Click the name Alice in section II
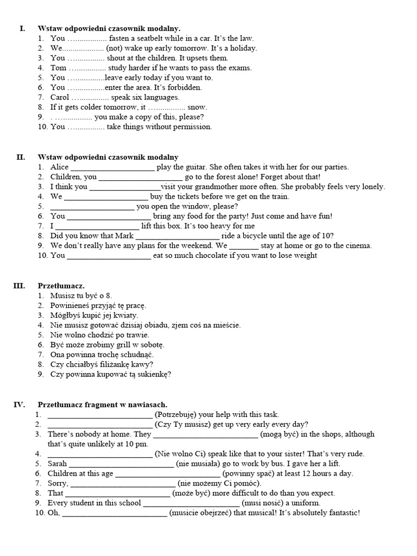(x=60, y=167)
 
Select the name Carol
(x=60, y=98)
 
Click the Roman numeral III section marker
(x=19, y=286)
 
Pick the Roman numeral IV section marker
(x=19, y=405)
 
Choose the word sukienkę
(x=153, y=374)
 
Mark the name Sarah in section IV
(x=58, y=464)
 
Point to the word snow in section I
(x=197, y=108)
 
